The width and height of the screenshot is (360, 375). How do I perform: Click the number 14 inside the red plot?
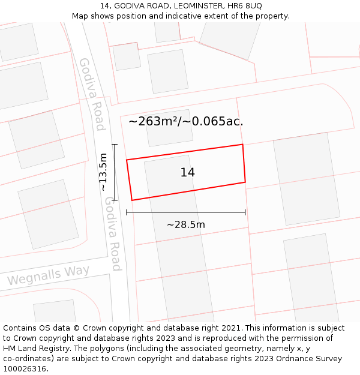click(x=187, y=173)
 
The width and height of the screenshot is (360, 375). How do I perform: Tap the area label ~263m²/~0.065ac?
click(x=185, y=121)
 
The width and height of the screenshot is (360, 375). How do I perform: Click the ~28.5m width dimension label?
click(x=185, y=225)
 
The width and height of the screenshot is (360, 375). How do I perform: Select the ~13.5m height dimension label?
click(x=103, y=172)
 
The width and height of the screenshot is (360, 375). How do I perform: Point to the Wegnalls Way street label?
click(x=48, y=275)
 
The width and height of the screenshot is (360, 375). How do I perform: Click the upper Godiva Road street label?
click(x=92, y=94)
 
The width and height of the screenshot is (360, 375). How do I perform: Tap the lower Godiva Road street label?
click(x=113, y=234)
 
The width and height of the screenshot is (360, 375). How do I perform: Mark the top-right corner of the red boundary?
click(x=242, y=145)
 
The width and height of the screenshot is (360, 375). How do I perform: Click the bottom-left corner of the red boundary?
click(x=131, y=200)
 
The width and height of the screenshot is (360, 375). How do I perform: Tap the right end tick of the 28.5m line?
click(x=245, y=212)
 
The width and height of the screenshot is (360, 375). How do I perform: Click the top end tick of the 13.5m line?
click(x=114, y=144)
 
